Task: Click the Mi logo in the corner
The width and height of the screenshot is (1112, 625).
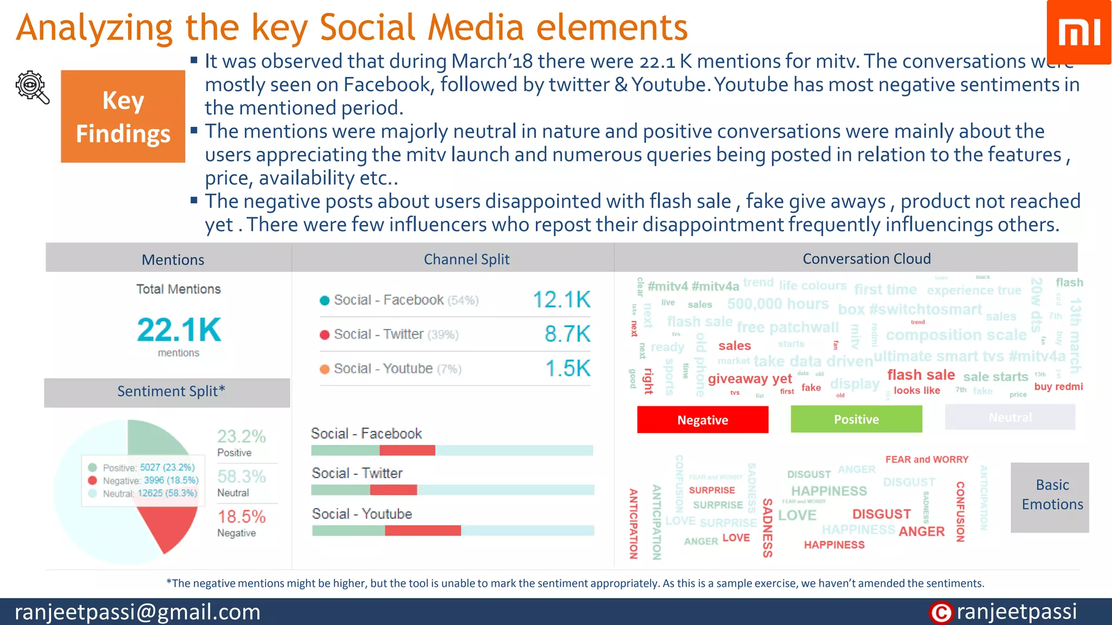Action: (x=1079, y=32)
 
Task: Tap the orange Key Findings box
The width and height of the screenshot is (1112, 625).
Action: (x=123, y=116)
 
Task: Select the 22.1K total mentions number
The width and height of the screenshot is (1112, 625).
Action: (x=179, y=329)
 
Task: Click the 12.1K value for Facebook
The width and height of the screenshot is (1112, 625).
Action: (x=561, y=300)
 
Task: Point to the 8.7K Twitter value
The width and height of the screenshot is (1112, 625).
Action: (x=567, y=334)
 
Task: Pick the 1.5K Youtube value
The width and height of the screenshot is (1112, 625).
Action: (x=567, y=368)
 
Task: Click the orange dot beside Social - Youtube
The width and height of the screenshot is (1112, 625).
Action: (x=325, y=369)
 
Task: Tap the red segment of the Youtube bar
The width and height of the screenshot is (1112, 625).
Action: (x=422, y=530)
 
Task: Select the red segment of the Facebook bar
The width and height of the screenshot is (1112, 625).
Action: (x=407, y=450)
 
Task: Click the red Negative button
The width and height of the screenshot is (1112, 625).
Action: (x=703, y=420)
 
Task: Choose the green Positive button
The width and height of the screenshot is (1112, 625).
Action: (x=856, y=419)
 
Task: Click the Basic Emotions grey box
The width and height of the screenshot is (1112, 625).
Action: (x=1052, y=495)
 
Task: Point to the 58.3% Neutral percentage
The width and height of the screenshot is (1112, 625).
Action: (x=242, y=476)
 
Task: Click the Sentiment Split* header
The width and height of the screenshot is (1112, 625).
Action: (x=170, y=392)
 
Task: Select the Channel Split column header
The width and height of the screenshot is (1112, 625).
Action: (x=466, y=259)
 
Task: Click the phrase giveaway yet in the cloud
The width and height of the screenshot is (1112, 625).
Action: (x=749, y=379)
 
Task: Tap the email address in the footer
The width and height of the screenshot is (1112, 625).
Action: (x=137, y=612)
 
